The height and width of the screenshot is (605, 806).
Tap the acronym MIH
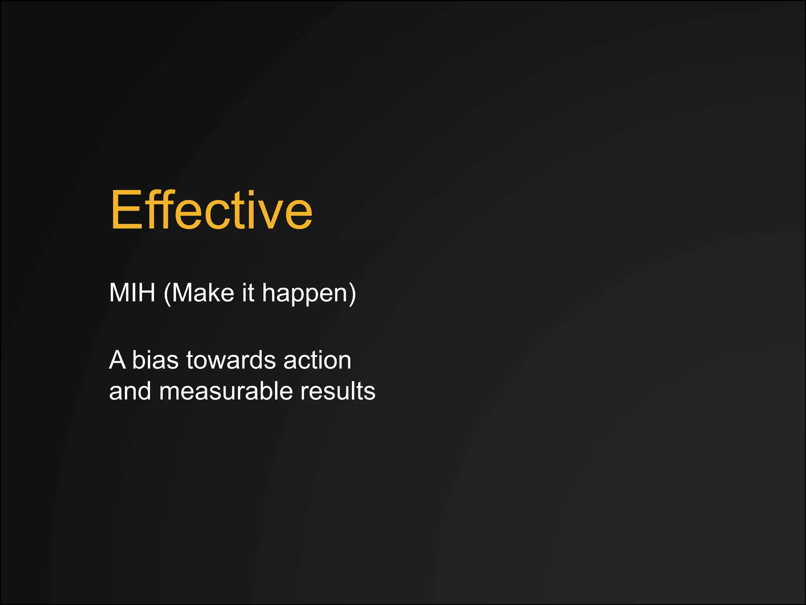click(x=132, y=293)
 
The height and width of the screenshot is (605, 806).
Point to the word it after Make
click(x=248, y=293)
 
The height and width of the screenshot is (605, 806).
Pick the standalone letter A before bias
click(x=117, y=360)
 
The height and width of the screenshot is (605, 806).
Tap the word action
click(x=317, y=360)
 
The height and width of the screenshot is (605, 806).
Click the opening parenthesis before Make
click(x=167, y=294)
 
